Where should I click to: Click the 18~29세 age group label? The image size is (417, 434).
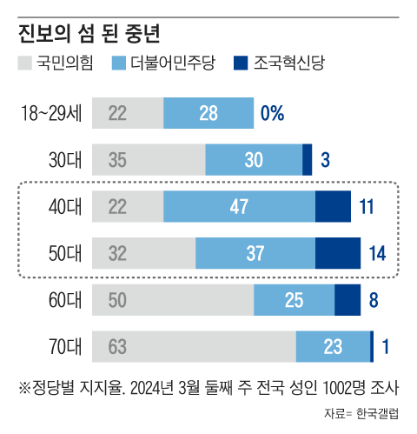54,112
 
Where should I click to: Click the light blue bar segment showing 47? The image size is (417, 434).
239,206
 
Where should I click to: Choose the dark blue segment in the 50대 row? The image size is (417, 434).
337,253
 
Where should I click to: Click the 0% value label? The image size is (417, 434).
272,112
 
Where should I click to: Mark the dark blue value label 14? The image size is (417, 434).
376,253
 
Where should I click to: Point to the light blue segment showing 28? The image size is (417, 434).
208,112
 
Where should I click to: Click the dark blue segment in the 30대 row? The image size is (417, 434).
307,159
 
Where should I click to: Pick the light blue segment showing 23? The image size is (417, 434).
333,346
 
